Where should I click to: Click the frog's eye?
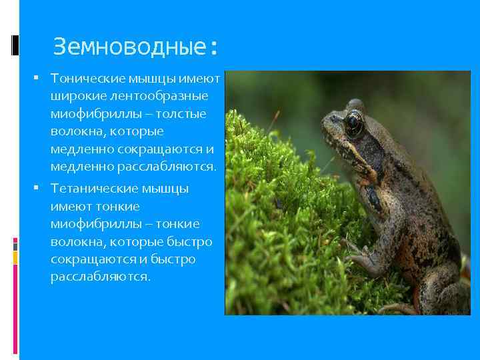click(x=353, y=124)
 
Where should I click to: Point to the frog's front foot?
click(x=363, y=257)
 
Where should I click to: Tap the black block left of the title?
click(x=15, y=45)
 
